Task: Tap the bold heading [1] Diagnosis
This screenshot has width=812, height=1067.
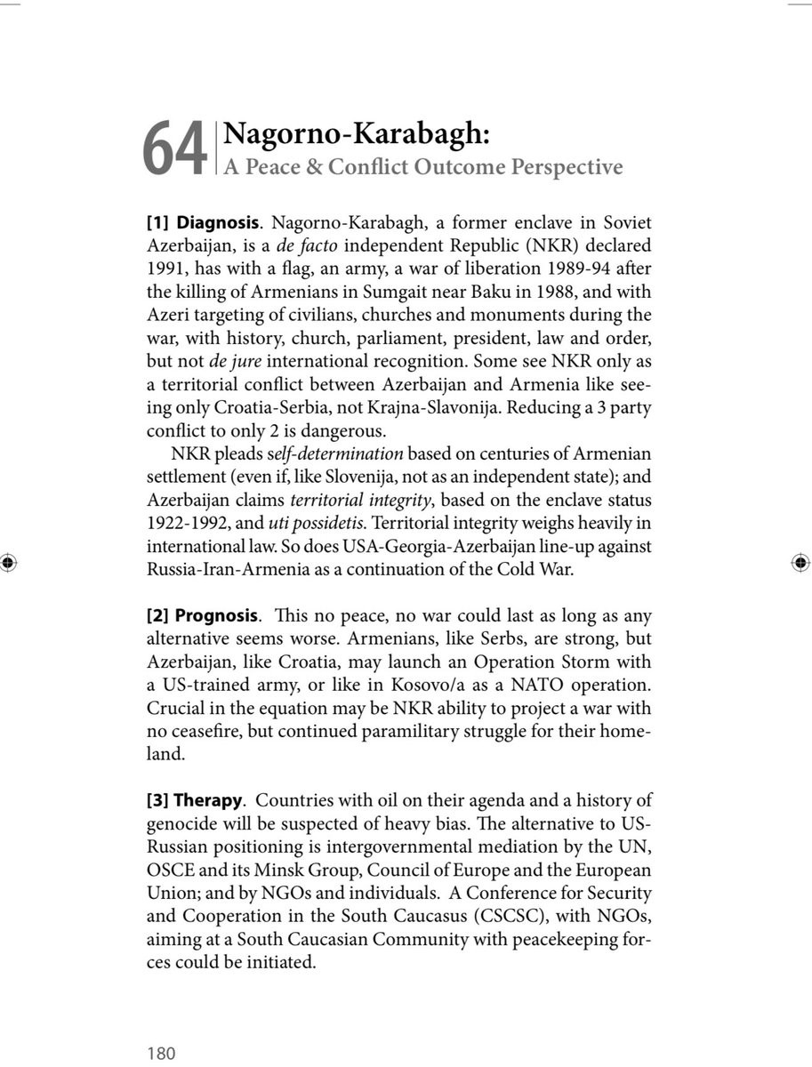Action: [x=203, y=222]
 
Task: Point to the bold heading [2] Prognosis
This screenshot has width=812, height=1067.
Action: [x=203, y=615]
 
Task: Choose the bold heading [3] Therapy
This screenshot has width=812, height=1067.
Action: [x=194, y=800]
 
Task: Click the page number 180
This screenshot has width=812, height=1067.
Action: [x=161, y=1054]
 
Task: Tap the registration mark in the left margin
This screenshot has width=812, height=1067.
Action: [x=8, y=562]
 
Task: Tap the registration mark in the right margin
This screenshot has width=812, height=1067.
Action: [x=800, y=562]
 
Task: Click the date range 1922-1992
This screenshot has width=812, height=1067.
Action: [x=183, y=524]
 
